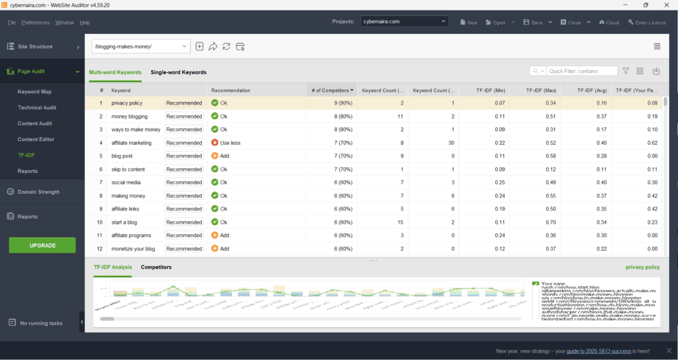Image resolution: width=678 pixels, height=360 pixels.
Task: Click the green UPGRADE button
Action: (42, 245)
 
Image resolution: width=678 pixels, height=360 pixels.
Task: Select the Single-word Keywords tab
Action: (178, 72)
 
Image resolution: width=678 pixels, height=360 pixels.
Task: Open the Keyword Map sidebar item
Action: (34, 92)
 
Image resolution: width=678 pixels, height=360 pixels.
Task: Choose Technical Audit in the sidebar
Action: (37, 108)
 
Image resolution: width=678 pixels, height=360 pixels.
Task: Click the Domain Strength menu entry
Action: (39, 192)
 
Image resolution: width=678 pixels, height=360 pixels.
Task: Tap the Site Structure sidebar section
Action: (36, 47)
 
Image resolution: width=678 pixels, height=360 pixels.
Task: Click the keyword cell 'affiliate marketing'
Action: (131, 143)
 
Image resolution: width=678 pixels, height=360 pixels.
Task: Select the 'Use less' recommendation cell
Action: (230, 143)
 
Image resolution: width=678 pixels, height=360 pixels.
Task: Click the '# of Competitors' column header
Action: (331, 90)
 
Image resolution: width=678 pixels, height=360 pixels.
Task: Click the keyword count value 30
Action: (451, 143)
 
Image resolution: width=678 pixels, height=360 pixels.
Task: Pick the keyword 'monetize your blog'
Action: (133, 249)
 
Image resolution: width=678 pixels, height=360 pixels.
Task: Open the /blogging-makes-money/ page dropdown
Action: (140, 46)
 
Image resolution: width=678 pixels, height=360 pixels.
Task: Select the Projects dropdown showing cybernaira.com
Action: (405, 22)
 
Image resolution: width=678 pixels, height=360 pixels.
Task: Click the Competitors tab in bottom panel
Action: (156, 267)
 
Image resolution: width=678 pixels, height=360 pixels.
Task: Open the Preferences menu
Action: (35, 22)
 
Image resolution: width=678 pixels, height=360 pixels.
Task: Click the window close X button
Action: (665, 5)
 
